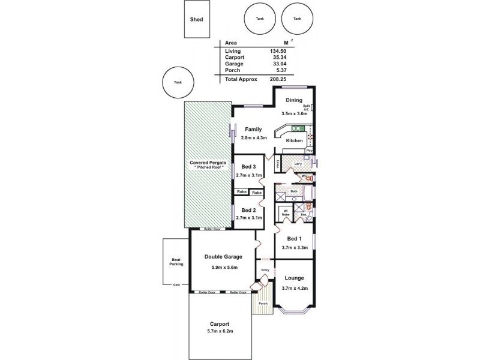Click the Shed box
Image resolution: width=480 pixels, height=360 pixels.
pyautogui.click(x=197, y=19)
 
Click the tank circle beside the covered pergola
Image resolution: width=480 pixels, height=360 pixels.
pyautogui.click(x=177, y=83)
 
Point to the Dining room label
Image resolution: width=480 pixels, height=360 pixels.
pyautogui.click(x=294, y=100)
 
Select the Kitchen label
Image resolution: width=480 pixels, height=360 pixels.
pyautogui.click(x=294, y=140)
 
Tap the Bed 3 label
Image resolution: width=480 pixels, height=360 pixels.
pyautogui.click(x=248, y=166)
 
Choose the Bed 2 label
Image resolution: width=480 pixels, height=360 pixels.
pyautogui.click(x=248, y=211)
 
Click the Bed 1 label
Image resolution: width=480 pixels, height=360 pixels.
pyautogui.click(x=293, y=239)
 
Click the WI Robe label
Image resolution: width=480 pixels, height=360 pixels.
pyautogui.click(x=286, y=213)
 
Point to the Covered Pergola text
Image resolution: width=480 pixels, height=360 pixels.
pyautogui.click(x=208, y=163)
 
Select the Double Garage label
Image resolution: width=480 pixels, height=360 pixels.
pyautogui.click(x=223, y=256)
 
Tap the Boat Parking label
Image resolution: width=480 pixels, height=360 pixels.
pyautogui.click(x=176, y=262)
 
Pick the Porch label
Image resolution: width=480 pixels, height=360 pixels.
pyautogui.click(x=263, y=304)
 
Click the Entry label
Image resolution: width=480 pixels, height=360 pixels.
pyautogui.click(x=266, y=271)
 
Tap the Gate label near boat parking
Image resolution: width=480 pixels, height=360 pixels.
pyautogui.click(x=176, y=284)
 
